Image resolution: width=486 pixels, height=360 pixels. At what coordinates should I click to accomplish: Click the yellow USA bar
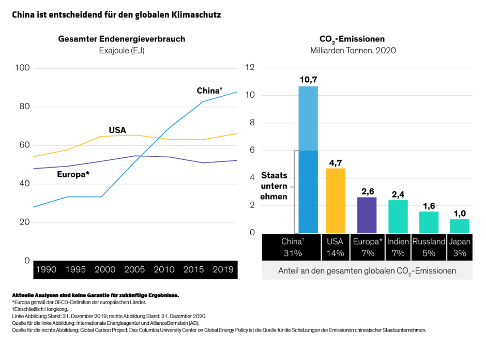[336, 201]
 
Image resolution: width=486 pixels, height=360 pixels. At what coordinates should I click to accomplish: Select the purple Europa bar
[367, 215]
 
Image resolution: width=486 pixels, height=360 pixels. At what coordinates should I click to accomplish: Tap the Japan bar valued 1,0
[460, 226]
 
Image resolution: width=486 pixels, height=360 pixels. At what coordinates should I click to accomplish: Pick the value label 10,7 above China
[308, 80]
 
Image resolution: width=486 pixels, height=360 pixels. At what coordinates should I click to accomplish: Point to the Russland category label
[429, 242]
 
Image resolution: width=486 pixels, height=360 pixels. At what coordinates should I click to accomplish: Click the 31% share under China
[293, 253]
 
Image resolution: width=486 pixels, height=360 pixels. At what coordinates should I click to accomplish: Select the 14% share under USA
[335, 253]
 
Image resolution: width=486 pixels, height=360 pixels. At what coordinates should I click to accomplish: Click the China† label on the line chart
[209, 91]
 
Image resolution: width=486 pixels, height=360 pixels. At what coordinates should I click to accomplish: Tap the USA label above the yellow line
[117, 130]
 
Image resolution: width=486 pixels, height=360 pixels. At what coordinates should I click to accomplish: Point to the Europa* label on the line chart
[73, 174]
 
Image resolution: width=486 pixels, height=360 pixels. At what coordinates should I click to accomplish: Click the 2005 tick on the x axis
[135, 270]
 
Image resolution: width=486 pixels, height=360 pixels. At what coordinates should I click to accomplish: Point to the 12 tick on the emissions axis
[250, 68]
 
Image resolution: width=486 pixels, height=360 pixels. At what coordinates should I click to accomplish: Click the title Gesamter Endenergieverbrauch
[121, 39]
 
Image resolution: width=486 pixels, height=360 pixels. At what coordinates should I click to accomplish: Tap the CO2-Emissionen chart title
[352, 39]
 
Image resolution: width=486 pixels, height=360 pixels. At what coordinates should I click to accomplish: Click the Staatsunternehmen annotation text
[274, 186]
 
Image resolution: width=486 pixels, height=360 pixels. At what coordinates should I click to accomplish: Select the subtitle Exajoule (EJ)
[121, 50]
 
